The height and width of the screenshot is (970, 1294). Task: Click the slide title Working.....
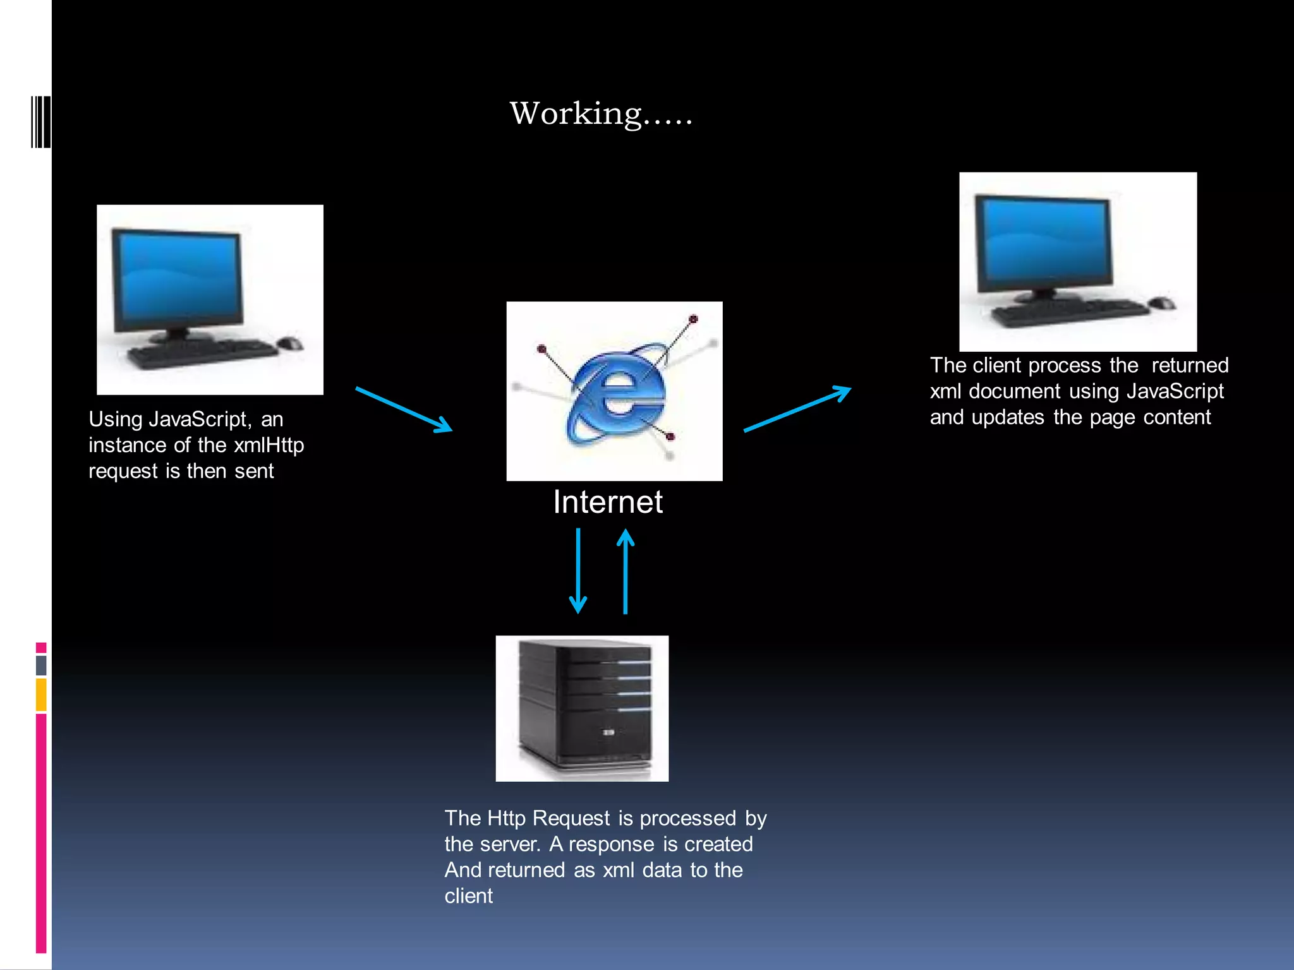point(600,114)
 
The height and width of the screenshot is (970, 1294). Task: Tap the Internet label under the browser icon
point(607,503)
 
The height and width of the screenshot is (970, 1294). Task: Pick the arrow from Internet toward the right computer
point(797,409)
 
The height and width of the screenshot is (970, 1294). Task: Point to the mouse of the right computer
point(1162,303)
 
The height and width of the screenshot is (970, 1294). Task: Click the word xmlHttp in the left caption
point(269,445)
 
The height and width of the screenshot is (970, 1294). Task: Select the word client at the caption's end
point(468,896)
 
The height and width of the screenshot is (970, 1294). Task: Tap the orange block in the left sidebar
point(41,694)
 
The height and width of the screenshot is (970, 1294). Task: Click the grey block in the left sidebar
point(41,665)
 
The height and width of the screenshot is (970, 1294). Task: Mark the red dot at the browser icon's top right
point(693,320)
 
